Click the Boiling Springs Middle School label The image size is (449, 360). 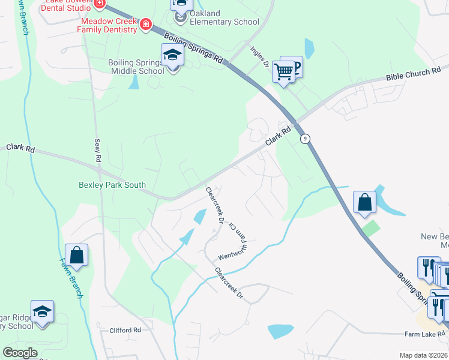[136, 67]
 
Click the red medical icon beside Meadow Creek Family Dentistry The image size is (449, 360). [145, 25]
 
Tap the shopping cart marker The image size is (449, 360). [283, 72]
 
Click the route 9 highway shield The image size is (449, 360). [306, 138]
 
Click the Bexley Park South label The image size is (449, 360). [112, 185]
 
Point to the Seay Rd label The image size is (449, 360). [97, 151]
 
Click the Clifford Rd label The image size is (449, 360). [125, 330]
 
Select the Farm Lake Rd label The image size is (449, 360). [425, 334]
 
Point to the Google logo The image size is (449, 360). [20, 353]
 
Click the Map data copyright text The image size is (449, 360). [424, 355]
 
